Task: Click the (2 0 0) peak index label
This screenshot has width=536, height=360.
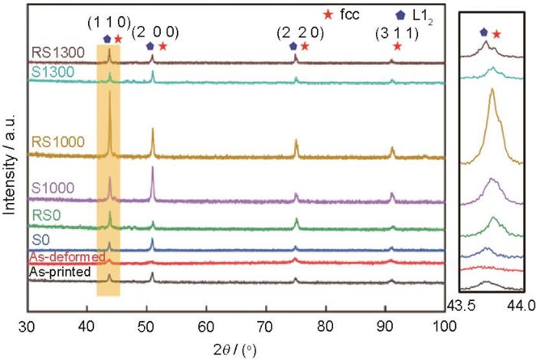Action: pyautogui.click(x=155, y=32)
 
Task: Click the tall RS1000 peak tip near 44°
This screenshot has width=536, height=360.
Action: pyautogui.click(x=109, y=80)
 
